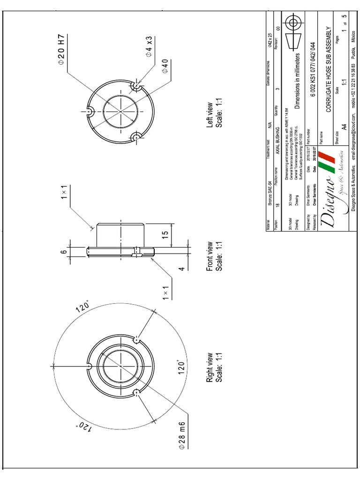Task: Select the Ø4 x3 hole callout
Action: (x=149, y=46)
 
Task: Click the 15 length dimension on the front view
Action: (x=165, y=234)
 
